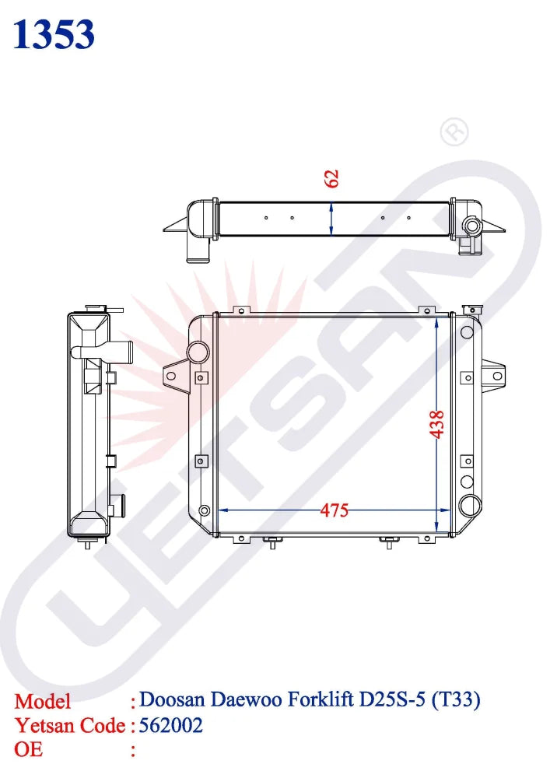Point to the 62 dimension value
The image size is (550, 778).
coord(332,178)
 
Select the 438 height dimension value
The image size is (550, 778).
coord(437,425)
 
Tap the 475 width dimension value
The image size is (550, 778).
coord(335,510)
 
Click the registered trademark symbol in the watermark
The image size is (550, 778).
coord(454,132)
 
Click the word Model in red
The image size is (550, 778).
coord(43,701)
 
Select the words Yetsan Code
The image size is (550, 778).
coord(71,726)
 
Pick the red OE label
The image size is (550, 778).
coord(30,750)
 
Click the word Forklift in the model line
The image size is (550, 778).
coord(321,700)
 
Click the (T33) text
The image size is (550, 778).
coord(456,700)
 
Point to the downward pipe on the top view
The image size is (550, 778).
coord(197,248)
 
